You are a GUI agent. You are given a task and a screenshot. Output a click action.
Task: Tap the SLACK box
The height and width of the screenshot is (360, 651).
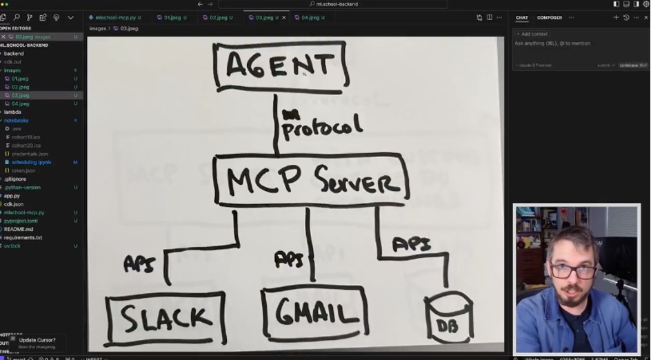point(166,318)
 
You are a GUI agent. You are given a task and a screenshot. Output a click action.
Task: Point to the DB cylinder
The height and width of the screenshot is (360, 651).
point(448,319)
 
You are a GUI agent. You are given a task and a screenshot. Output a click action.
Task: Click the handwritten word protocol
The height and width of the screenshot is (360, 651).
point(321,127)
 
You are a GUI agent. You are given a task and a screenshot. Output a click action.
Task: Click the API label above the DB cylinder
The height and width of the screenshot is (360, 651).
point(411,244)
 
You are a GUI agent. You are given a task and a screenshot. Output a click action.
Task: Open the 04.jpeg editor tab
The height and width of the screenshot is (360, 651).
point(310,17)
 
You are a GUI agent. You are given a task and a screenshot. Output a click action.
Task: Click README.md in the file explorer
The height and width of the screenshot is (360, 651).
point(19,229)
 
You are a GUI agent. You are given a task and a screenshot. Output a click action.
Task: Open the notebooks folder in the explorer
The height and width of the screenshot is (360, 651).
point(16,121)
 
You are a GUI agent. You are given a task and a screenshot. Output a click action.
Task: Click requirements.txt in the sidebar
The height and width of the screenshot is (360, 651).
point(23,237)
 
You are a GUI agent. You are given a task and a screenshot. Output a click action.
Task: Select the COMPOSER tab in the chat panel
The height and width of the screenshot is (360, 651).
point(550,17)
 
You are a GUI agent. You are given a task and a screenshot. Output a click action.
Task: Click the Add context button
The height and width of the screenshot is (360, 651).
point(532,34)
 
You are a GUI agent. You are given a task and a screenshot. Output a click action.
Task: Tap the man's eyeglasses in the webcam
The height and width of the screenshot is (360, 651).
point(574,270)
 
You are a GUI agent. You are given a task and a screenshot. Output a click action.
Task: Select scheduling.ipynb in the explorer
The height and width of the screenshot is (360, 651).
point(31,162)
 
